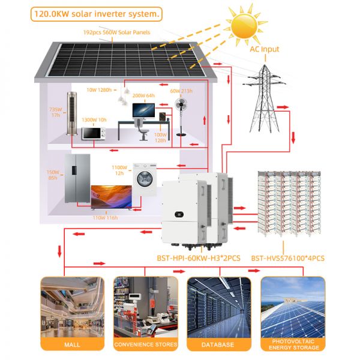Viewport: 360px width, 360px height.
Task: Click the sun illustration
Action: (x=244, y=26)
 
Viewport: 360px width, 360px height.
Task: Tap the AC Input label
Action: (x=265, y=49)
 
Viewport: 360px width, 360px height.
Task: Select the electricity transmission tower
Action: (x=265, y=99)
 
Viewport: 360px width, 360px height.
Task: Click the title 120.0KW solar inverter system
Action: (x=97, y=14)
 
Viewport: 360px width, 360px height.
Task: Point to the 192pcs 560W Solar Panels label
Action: (x=116, y=32)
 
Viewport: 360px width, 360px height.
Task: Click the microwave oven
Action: (x=94, y=133)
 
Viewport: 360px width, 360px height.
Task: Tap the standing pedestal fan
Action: (x=181, y=117)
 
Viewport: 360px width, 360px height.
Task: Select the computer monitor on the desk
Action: (x=143, y=111)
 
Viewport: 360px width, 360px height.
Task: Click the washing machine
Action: (x=145, y=179)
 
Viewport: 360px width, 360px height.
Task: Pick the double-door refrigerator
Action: (x=77, y=178)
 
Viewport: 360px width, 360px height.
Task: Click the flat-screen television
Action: (x=112, y=197)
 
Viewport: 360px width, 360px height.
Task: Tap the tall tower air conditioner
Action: (x=72, y=113)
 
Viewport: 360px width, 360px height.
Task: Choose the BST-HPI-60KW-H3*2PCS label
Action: (x=199, y=258)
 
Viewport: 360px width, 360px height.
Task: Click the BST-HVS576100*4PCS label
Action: (x=288, y=258)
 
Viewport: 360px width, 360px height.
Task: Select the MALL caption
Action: (x=73, y=344)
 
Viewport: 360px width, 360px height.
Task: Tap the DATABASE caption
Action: (x=218, y=344)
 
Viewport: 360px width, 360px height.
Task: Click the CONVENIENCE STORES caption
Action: (x=146, y=344)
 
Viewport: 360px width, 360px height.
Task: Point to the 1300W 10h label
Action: (x=94, y=120)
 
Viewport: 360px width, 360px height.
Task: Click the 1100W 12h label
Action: (x=119, y=170)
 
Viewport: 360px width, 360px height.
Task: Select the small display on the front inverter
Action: (x=179, y=215)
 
